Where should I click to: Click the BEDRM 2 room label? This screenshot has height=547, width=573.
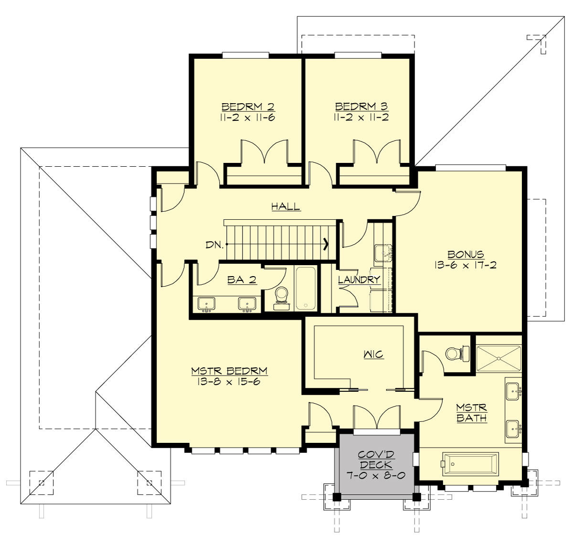point(248,107)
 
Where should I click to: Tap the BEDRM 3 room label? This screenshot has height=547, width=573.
point(361,107)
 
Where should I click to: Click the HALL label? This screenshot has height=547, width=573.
point(286,207)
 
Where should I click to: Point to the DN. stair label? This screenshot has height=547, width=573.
point(214,245)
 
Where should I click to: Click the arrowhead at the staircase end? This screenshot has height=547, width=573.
point(326,245)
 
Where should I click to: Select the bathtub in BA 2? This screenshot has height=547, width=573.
point(305,288)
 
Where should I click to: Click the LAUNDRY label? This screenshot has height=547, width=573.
point(359,280)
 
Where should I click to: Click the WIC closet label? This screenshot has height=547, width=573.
point(373,354)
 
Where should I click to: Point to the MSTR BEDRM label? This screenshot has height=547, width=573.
point(229,371)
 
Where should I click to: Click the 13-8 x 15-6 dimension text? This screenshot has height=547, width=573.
point(228,382)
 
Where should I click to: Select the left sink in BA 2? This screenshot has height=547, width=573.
point(206,304)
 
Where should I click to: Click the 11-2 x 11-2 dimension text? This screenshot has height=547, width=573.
point(361,118)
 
